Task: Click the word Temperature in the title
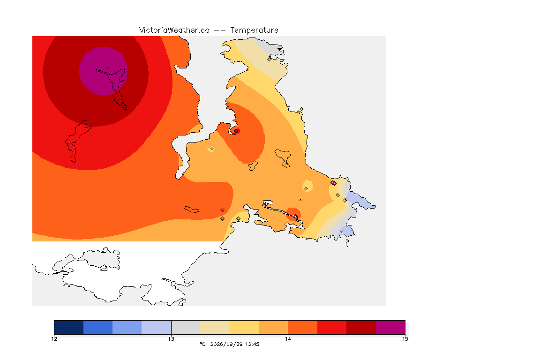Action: coord(254,30)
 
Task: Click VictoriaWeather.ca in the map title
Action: coord(174,30)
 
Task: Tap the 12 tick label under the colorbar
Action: coord(54,339)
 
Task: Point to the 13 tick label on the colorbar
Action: coord(171,339)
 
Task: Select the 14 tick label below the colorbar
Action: coord(288,339)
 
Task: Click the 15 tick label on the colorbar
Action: coord(405,339)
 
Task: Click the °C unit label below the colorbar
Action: coord(203,344)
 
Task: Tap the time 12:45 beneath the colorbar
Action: coord(252,344)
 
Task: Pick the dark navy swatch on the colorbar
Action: coord(69,327)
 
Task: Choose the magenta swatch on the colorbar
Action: coord(390,327)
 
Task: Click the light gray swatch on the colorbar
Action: coord(186,327)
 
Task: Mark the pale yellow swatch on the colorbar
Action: coord(244,327)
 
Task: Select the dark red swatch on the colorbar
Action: coord(361,327)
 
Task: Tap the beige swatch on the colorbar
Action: coord(215,327)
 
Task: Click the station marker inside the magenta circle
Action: coord(108,69)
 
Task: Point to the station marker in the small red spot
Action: coord(236,131)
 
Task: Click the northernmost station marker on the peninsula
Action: coord(270,59)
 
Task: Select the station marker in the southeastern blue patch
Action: coord(341,231)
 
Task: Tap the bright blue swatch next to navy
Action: coord(98,327)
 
